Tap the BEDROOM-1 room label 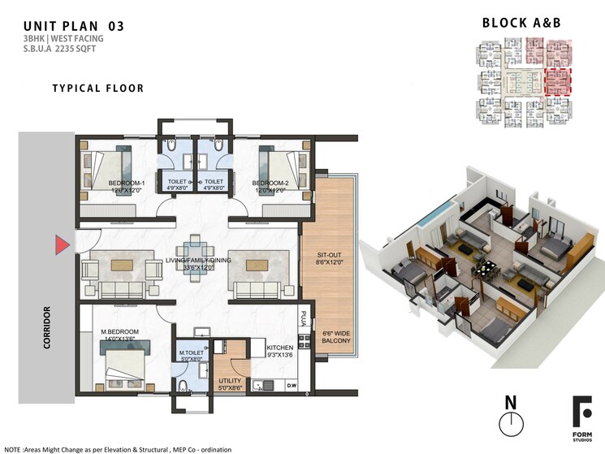click(x=127, y=184)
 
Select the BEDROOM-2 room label click(x=270, y=184)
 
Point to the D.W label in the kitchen click(x=292, y=385)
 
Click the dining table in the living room click(x=193, y=258)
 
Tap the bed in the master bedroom click(x=123, y=364)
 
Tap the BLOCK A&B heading click(x=522, y=23)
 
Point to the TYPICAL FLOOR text click(x=97, y=88)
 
